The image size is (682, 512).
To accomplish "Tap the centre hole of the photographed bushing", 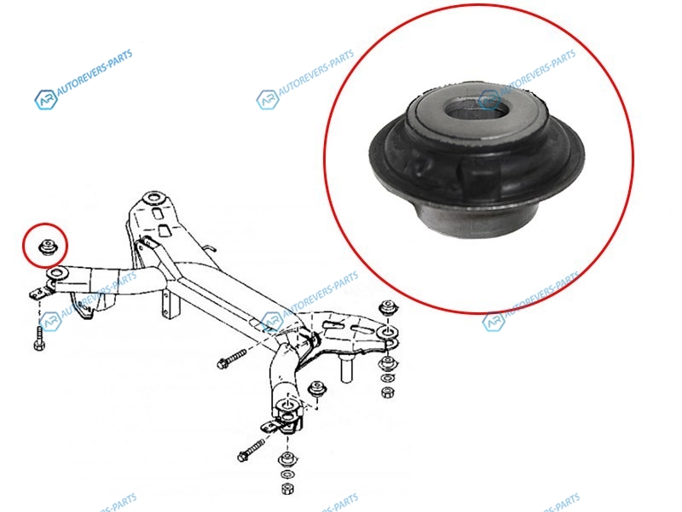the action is [x=478, y=108].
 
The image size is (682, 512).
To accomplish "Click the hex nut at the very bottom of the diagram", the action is [x=286, y=488].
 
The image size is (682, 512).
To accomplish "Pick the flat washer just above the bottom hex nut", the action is [x=286, y=474].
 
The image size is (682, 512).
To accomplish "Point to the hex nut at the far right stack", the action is [x=386, y=393].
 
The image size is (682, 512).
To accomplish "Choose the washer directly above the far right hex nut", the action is [x=386, y=379].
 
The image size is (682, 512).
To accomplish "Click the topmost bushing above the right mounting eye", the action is [x=387, y=307].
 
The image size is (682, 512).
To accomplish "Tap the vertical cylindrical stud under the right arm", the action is [x=346, y=368].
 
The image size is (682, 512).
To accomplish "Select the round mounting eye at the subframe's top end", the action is [x=153, y=198].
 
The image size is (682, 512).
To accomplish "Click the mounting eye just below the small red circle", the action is [x=56, y=274].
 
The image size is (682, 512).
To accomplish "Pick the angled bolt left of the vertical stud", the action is [x=232, y=358].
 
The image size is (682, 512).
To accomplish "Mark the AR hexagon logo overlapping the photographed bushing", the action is [x=488, y=100].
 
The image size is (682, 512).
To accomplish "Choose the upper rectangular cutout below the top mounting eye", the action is [x=157, y=214].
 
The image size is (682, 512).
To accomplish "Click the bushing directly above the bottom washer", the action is [x=286, y=459].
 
